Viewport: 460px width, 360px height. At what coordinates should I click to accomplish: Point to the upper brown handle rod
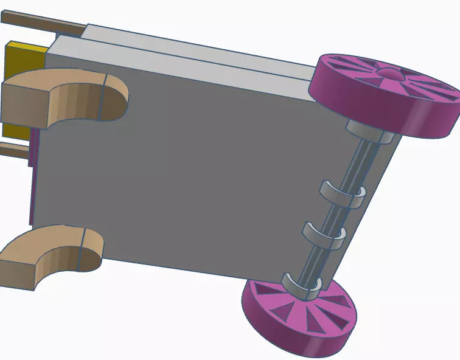[43, 23]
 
